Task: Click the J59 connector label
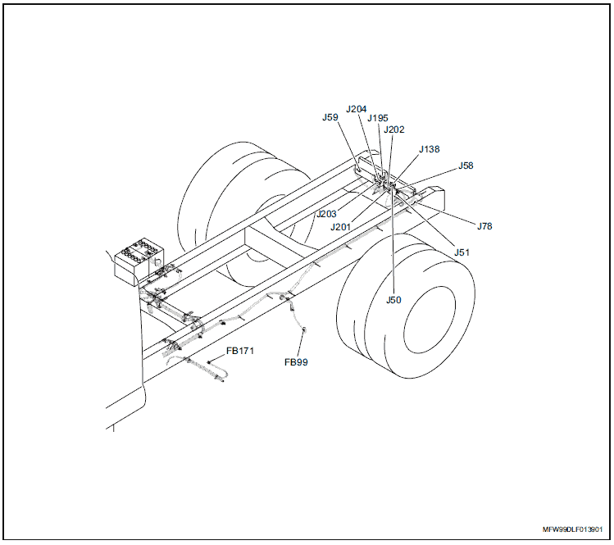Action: tap(330, 117)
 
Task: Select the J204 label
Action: tap(357, 108)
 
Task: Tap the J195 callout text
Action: tap(378, 118)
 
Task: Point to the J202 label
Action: tap(394, 129)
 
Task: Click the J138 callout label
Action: tap(429, 149)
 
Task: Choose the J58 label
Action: tap(466, 166)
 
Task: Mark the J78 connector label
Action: tap(484, 225)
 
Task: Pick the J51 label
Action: tap(462, 252)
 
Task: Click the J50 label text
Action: tap(393, 300)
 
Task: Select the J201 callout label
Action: tap(341, 227)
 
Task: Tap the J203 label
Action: tap(326, 214)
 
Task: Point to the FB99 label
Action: tap(296, 361)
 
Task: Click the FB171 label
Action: tap(241, 351)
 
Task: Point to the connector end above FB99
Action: tap(305, 330)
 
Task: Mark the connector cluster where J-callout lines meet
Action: tap(385, 182)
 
